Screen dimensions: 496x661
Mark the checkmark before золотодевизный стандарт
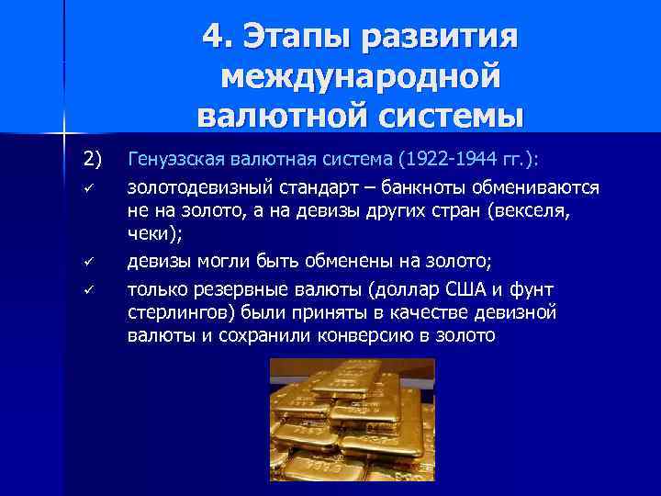click(91, 188)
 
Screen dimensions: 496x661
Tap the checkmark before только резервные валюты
click(91, 291)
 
